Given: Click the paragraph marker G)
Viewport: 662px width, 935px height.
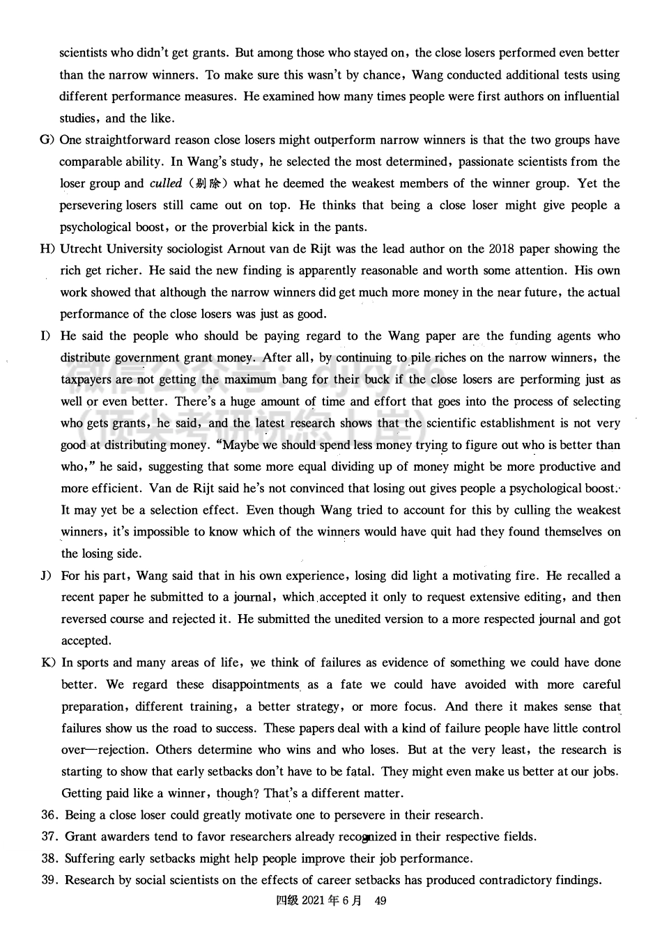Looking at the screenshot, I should (47, 140).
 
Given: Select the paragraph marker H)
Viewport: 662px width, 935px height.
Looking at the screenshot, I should (47, 249).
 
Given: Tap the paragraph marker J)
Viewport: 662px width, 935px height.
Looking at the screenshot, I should (47, 576).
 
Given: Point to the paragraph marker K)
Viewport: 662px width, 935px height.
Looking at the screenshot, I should (48, 663).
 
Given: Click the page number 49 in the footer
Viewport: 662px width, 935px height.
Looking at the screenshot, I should (380, 901).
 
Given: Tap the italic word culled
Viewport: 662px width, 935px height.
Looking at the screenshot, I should (165, 184).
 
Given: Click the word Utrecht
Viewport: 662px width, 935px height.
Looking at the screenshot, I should (82, 249).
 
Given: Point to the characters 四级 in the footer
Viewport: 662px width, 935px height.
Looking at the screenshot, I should (287, 901).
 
